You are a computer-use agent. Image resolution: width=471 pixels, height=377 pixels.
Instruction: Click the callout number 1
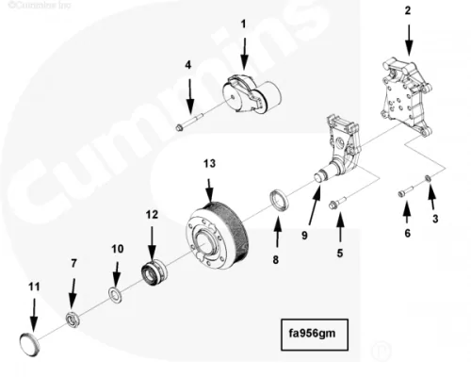coord(243,25)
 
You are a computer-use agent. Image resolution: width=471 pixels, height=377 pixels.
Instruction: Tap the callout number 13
coord(209,164)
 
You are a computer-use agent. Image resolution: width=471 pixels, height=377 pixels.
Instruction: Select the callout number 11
coord(34,287)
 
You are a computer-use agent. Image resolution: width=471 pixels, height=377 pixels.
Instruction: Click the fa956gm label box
coord(315,335)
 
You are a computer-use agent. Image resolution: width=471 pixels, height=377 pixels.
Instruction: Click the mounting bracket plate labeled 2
coord(406,96)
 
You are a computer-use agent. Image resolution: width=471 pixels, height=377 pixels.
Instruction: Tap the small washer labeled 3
coord(428,178)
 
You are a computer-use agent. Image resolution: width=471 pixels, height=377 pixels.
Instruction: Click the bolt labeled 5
coord(336,202)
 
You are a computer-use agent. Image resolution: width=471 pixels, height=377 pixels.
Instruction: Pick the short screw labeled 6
coord(405,191)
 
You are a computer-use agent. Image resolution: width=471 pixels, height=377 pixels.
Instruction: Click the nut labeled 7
coord(73,320)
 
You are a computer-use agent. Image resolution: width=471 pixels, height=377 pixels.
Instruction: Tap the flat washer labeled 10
coord(115,295)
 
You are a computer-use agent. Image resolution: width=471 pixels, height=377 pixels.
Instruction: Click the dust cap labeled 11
coord(29,345)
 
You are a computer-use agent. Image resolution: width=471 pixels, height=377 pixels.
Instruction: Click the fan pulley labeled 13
coord(218,237)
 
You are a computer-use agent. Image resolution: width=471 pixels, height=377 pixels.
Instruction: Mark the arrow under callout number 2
coord(409,41)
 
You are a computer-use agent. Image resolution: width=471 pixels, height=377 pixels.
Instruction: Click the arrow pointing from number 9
coord(315,205)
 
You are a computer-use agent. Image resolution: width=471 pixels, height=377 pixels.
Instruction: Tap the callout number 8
coord(275,260)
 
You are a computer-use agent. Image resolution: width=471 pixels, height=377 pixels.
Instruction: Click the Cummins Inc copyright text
coord(40,5)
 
